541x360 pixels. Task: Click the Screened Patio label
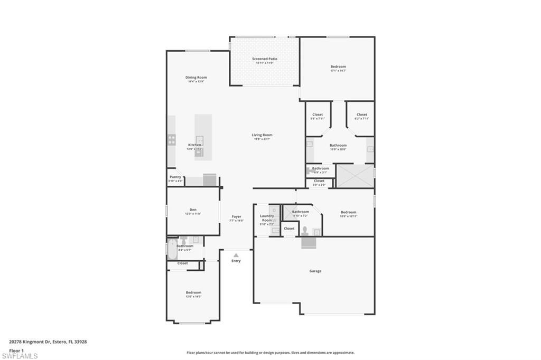[265, 59]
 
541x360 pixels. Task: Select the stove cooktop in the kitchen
[172, 139]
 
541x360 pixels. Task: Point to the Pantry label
[175, 177]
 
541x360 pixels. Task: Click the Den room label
[193, 210]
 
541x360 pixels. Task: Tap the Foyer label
[236, 216]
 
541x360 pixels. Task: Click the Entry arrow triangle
[236, 255]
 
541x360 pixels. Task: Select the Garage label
[315, 271]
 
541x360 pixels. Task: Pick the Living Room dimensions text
[262, 139]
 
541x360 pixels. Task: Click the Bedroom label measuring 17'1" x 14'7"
[338, 67]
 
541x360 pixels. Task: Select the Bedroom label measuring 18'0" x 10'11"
[348, 212]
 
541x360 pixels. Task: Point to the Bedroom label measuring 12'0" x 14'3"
[193, 292]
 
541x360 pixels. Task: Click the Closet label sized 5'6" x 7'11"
[318, 115]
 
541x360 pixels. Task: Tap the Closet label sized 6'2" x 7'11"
[361, 115]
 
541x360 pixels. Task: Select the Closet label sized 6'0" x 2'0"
[319, 181]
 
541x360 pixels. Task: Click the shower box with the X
[355, 176]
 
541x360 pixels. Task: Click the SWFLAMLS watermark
[19, 356]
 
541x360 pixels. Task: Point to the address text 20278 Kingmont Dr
[29, 342]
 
